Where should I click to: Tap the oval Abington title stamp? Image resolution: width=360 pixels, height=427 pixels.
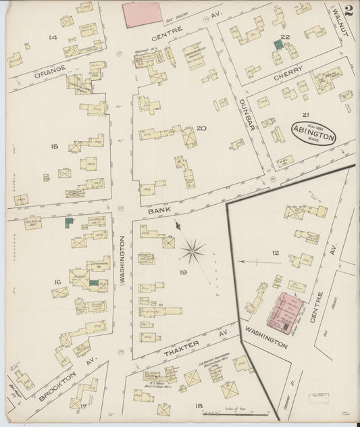(x=313, y=133)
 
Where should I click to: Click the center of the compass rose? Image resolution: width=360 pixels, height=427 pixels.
(x=192, y=253)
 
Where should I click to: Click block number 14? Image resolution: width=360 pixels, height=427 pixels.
(x=53, y=38)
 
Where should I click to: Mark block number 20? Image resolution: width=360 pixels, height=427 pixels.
(x=201, y=128)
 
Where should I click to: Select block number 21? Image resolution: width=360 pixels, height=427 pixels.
(x=305, y=115)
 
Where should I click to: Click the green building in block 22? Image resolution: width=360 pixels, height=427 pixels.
(x=278, y=44)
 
